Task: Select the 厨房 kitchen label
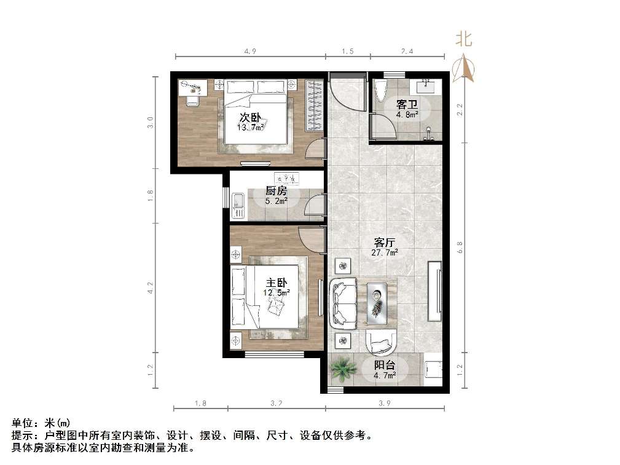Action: point(276,190)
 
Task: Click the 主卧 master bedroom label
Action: point(277,283)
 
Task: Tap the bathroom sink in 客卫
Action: point(426,86)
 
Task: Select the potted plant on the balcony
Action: point(342,369)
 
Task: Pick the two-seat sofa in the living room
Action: point(343,303)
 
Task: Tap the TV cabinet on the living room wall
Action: point(434,291)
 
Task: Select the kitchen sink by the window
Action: point(238,205)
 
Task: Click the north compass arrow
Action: point(463,68)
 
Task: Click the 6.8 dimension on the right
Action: point(459,247)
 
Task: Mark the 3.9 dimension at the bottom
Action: point(384,403)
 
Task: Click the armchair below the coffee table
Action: point(382,342)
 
